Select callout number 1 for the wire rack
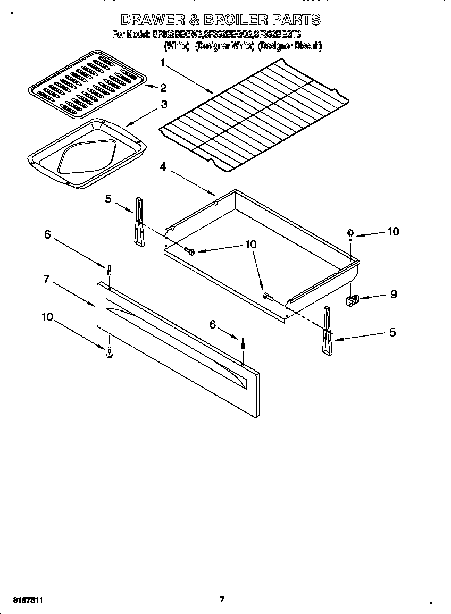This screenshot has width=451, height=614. point(163,63)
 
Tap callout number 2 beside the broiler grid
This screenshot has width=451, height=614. point(163,88)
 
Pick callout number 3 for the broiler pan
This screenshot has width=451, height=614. point(164,105)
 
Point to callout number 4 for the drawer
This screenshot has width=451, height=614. point(163,166)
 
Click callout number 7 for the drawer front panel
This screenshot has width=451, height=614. point(46,279)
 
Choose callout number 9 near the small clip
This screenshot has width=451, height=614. point(394,294)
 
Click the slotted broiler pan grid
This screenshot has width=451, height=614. point(86,84)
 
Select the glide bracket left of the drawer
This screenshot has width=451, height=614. point(139,222)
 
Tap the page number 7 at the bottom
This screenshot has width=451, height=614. point(222,600)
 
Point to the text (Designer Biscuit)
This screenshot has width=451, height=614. point(290,46)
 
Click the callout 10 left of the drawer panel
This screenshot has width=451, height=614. point(47,317)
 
